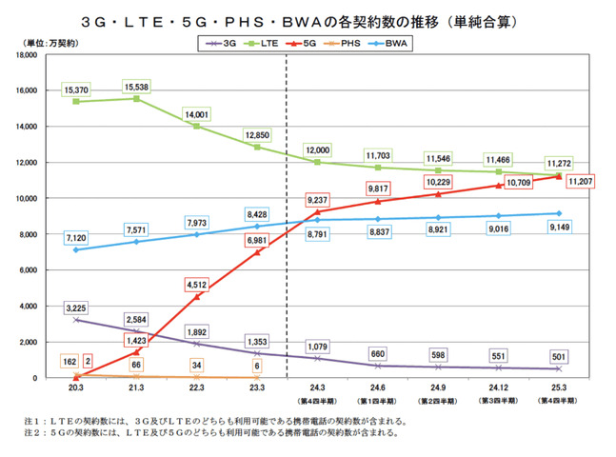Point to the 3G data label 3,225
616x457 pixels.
(75, 308)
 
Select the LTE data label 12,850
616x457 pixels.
(258, 134)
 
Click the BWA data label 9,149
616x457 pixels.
(559, 228)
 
